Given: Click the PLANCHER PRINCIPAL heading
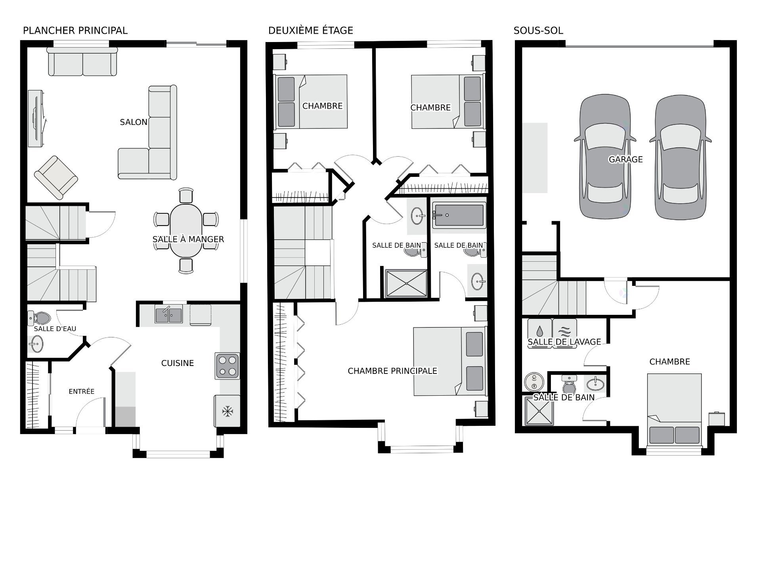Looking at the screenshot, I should [75, 31].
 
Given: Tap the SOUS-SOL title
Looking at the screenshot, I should [538, 31].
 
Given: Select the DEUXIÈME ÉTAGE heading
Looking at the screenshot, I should [310, 31].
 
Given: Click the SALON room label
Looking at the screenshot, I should [134, 122].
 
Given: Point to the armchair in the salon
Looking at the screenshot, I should [55, 177].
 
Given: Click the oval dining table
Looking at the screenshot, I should [185, 230].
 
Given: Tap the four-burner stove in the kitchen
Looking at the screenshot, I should [228, 366].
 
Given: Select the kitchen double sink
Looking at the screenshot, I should [169, 315].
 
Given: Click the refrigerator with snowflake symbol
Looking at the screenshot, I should [227, 411].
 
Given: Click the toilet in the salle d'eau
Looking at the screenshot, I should [40, 318].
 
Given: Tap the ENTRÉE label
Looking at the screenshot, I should [81, 391].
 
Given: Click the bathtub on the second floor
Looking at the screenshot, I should [459, 215].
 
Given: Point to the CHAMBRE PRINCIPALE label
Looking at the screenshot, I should [392, 371].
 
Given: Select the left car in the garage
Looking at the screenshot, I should [604, 157].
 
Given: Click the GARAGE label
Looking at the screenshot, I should [625, 159].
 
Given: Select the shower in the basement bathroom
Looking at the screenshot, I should [539, 411].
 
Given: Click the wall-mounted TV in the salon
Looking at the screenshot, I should [36, 118].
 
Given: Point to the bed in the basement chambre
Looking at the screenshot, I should [674, 408].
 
